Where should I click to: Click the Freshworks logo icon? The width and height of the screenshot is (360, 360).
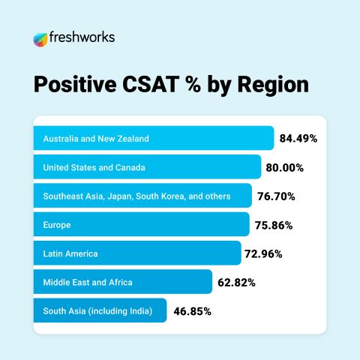pyautogui.click(x=40, y=40)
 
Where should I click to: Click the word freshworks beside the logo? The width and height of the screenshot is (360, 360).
pyautogui.click(x=82, y=37)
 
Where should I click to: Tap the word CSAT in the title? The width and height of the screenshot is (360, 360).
pyautogui.click(x=151, y=84)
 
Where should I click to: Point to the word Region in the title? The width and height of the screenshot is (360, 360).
pyautogui.click(x=273, y=85)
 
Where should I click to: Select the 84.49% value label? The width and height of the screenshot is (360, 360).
pyautogui.click(x=298, y=139)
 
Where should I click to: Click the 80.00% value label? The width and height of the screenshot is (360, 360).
pyautogui.click(x=285, y=168)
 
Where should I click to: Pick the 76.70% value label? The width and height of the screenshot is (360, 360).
pyautogui.click(x=276, y=196)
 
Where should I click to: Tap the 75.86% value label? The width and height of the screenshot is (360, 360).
pyautogui.click(x=274, y=226)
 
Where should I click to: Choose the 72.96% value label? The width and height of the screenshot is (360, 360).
pyautogui.click(x=263, y=254)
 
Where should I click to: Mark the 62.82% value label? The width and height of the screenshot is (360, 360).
pyautogui.click(x=236, y=283)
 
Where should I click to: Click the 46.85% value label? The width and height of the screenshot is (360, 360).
pyautogui.click(x=193, y=312)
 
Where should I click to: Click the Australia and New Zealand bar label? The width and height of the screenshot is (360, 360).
pyautogui.click(x=96, y=139)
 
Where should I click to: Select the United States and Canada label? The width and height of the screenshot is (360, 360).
pyautogui.click(x=94, y=167)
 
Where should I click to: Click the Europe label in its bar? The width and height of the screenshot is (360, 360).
pyautogui.click(x=57, y=225)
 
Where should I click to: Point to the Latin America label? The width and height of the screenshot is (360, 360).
pyautogui.click(x=70, y=253)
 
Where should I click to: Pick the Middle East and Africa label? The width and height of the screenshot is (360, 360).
pyautogui.click(x=88, y=283)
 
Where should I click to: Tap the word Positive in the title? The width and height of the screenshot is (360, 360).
pyautogui.click(x=75, y=84)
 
